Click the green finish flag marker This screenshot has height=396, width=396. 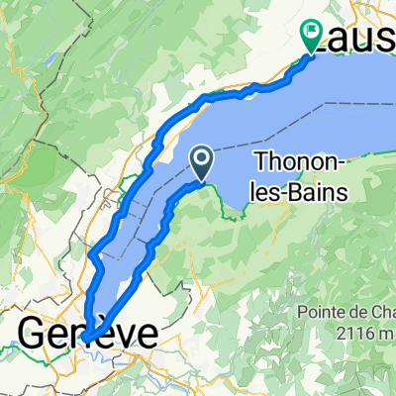pos(311,36)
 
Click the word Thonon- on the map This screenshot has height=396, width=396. pos(297,162)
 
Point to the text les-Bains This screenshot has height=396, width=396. pos(302,191)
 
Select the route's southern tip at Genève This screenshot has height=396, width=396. pos(87,336)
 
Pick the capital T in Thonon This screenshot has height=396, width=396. pos(262,162)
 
